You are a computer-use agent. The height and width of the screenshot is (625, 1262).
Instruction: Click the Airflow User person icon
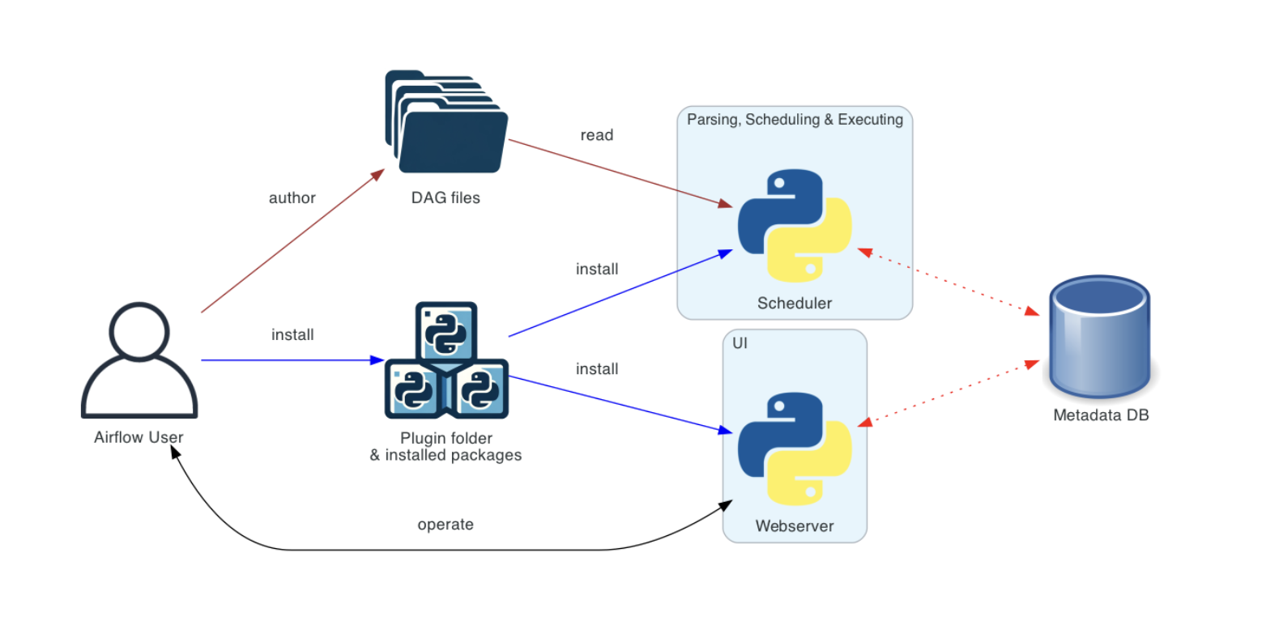click(139, 361)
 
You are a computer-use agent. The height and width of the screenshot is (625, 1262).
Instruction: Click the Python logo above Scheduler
click(794, 226)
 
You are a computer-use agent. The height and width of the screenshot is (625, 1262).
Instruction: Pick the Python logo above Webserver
click(794, 449)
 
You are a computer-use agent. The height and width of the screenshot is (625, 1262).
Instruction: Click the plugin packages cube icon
click(446, 361)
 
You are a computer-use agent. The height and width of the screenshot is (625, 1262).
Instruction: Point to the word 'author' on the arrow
click(292, 198)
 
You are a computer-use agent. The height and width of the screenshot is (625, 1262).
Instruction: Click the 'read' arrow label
click(596, 135)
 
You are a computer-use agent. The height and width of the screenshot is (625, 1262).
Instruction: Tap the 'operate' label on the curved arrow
click(445, 525)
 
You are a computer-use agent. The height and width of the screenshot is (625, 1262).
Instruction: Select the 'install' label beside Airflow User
click(292, 334)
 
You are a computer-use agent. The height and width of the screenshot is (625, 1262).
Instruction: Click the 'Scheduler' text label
click(794, 304)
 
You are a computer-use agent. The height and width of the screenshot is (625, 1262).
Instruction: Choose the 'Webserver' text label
click(794, 526)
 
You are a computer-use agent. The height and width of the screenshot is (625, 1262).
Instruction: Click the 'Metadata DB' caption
click(1101, 415)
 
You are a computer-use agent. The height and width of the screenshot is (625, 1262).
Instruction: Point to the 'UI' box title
click(740, 344)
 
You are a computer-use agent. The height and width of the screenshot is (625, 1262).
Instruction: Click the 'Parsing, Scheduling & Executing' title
click(794, 120)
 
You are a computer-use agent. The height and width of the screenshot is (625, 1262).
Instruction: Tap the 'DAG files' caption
click(446, 198)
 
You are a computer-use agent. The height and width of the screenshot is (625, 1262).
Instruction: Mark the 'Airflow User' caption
click(139, 438)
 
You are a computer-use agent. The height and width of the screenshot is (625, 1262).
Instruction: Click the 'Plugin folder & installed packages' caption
click(446, 447)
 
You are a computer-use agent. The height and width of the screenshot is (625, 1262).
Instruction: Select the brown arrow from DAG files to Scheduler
click(616, 172)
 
